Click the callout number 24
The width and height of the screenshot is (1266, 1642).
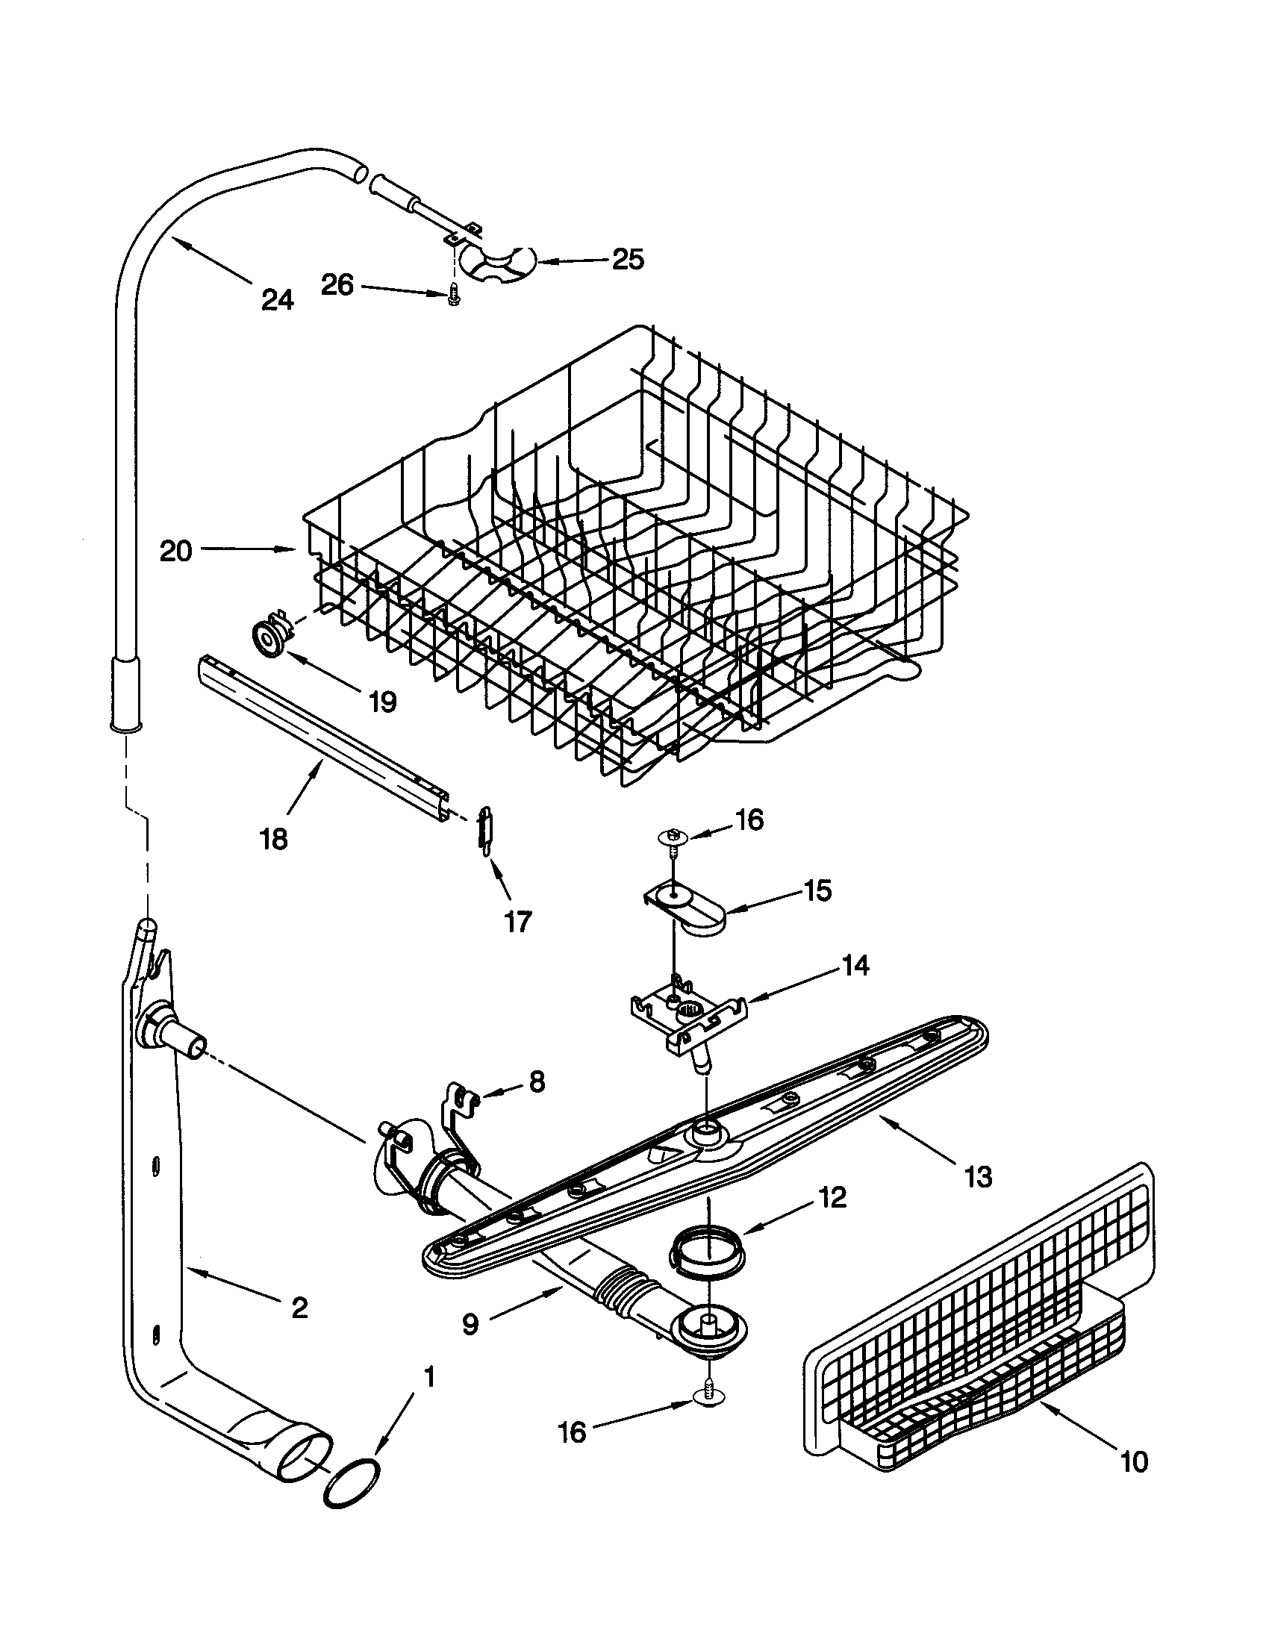tap(278, 300)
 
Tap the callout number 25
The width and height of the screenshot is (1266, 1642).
tap(629, 260)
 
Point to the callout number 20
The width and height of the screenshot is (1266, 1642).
tap(176, 551)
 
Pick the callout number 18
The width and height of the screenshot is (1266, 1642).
tap(274, 839)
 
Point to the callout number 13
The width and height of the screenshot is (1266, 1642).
tap(977, 1176)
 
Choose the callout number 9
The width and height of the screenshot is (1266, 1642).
tap(470, 1325)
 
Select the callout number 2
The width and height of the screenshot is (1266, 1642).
tap(299, 1308)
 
